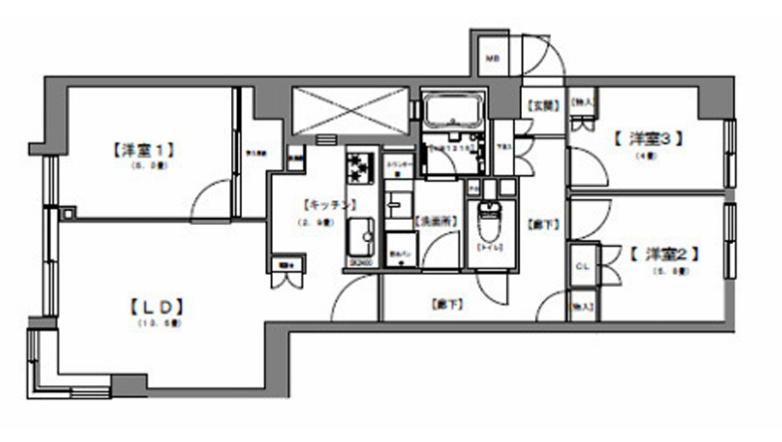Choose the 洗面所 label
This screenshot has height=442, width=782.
[x=429, y=223]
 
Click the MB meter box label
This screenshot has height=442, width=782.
[x=492, y=60]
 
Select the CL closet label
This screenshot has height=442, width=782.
[x=583, y=267]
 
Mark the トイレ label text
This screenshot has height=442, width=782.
[x=490, y=246]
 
